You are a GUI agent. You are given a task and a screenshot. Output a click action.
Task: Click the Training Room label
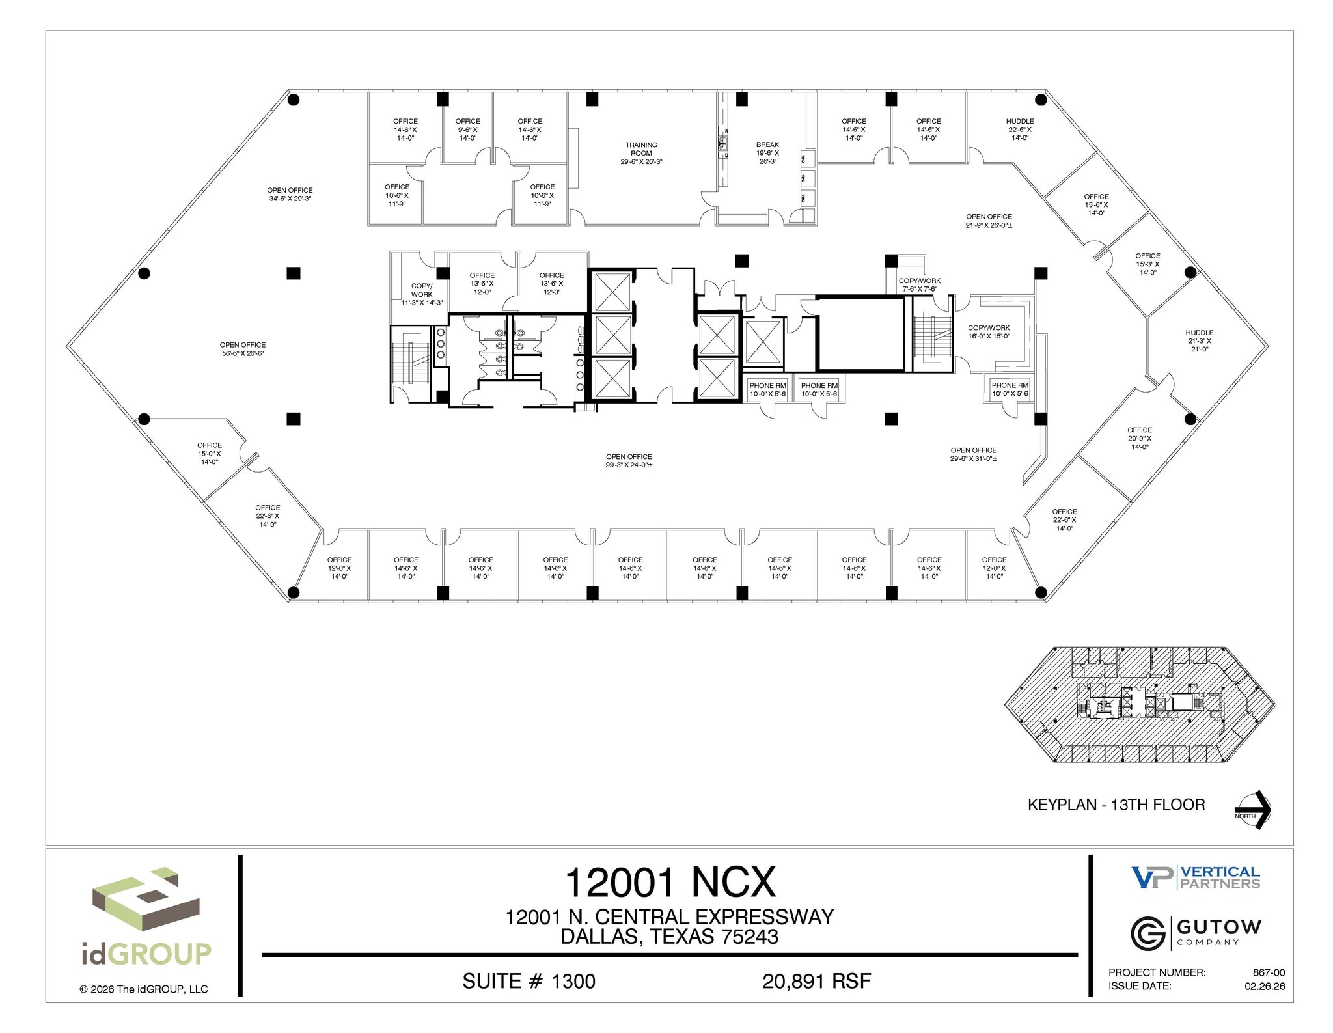click(x=641, y=153)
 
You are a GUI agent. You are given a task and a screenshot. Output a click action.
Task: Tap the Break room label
click(x=767, y=153)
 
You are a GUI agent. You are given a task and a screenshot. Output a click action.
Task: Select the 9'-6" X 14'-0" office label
click(x=467, y=130)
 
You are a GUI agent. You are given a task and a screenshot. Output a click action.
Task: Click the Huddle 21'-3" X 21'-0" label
click(x=1200, y=340)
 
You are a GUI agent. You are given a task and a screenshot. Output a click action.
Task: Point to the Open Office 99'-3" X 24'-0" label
click(x=629, y=461)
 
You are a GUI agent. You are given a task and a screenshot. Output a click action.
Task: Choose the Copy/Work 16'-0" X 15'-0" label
click(x=989, y=332)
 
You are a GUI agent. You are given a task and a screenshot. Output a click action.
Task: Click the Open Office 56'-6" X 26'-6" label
click(x=242, y=349)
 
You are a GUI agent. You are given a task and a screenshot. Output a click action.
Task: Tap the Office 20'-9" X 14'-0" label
click(x=1140, y=438)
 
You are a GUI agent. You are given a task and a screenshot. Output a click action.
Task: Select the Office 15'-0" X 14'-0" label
click(x=210, y=453)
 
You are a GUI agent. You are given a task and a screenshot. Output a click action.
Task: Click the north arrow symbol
click(x=1253, y=810)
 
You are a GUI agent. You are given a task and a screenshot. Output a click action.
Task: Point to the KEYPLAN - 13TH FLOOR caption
click(x=1116, y=805)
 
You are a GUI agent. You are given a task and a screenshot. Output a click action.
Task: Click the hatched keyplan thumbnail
click(x=1140, y=705)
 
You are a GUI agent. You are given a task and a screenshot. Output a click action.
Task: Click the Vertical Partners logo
click(x=1195, y=877)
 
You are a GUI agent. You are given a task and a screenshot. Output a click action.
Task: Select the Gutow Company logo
click(x=1195, y=932)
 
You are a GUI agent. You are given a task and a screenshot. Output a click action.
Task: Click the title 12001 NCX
click(x=670, y=882)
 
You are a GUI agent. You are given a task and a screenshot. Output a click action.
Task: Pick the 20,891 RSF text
click(x=816, y=981)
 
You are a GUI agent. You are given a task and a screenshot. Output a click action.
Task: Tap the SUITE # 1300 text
click(x=529, y=981)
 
